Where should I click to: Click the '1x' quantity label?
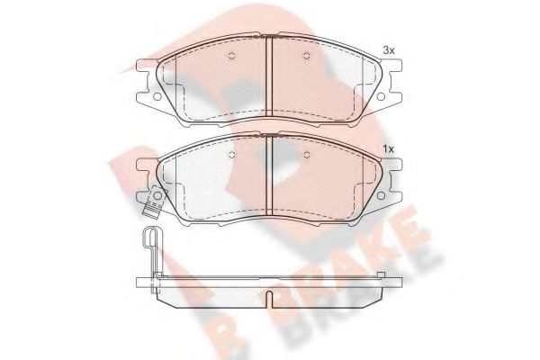pyautogui.click(x=389, y=148)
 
